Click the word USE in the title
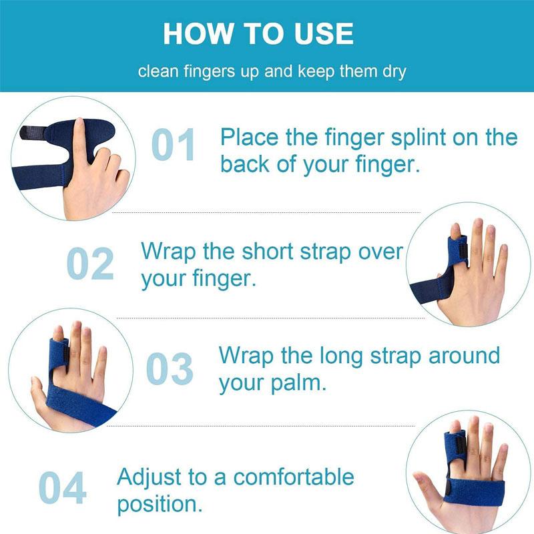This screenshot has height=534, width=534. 324,34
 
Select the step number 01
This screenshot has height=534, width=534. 174,144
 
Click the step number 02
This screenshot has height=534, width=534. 90,263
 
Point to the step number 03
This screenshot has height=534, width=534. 170,369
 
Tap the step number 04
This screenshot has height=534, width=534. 62,488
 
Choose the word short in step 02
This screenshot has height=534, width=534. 268,252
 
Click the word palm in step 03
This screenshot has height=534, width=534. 298,384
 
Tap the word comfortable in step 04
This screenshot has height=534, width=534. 294,477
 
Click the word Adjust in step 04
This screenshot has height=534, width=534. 149,477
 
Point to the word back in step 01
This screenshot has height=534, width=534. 245,165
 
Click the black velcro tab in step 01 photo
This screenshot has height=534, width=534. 33,132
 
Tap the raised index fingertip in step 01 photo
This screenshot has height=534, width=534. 79,123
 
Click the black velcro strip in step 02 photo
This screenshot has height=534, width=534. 463,253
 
